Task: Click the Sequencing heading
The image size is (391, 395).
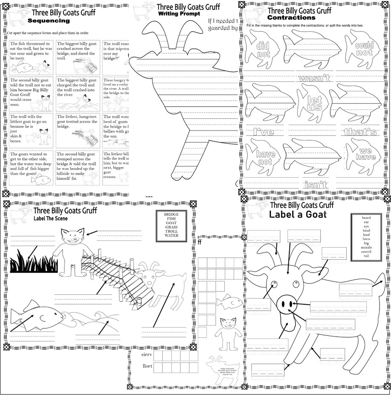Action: [x=49, y=20]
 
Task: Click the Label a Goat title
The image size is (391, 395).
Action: [x=297, y=214]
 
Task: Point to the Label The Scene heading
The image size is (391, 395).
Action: [x=51, y=219]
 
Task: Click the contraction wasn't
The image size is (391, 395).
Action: [x=314, y=78]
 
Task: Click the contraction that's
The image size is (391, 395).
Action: [x=360, y=132]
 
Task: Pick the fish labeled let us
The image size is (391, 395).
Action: [x=315, y=103]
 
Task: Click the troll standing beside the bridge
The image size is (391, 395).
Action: [x=70, y=251]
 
